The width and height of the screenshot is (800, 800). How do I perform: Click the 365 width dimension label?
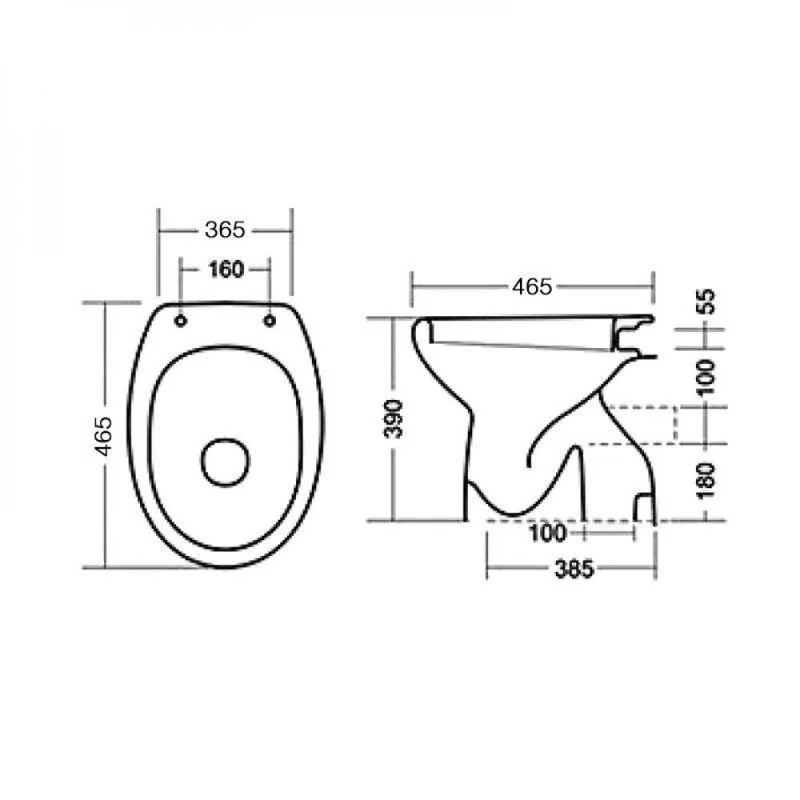[x=225, y=230]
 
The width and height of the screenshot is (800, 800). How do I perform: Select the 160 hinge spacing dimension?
[x=226, y=269]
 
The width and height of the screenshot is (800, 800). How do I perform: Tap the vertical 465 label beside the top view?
[x=103, y=436]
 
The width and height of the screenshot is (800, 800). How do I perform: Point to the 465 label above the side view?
[x=532, y=286]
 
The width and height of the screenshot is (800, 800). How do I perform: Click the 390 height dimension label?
[x=394, y=419]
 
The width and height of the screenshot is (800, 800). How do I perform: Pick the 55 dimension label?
[x=708, y=301]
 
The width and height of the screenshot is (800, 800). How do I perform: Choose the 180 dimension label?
[x=707, y=481]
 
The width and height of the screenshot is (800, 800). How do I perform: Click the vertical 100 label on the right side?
[x=707, y=377]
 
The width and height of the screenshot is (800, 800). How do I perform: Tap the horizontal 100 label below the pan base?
[x=548, y=533]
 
